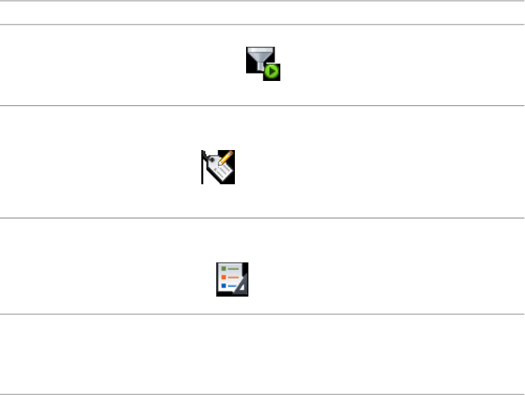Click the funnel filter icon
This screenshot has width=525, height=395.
tap(262, 64)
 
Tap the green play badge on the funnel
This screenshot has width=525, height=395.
tap(272, 72)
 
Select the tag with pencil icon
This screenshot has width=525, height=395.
tap(218, 167)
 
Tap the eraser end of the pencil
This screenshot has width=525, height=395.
tap(231, 152)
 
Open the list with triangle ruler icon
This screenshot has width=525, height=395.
tap(232, 279)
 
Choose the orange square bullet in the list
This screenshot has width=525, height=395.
tap(223, 277)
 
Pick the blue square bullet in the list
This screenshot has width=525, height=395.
tap(223, 285)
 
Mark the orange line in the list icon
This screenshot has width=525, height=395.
tap(233, 277)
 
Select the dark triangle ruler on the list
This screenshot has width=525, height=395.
tap(243, 287)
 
